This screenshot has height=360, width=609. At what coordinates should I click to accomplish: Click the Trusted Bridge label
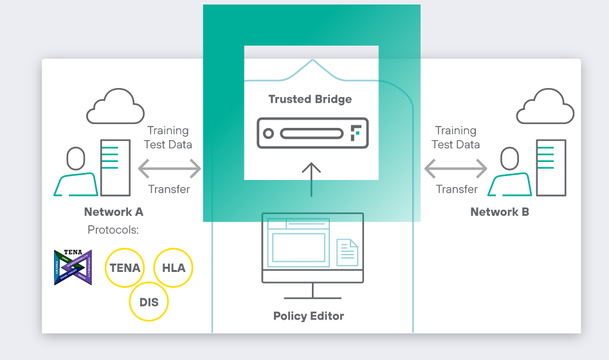pos(310,99)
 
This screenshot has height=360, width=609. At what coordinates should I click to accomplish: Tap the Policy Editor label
pos(309,316)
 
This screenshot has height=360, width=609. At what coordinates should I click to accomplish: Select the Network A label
pos(114,212)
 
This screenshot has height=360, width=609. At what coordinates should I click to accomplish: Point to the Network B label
pos(500,212)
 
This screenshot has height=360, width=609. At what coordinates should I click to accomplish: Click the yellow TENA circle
pos(125,267)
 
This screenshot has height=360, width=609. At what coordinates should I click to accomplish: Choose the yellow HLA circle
pos(174,267)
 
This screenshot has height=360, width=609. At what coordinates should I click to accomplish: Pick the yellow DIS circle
pos(149,301)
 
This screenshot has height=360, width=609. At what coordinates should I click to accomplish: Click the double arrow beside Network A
pos(170,169)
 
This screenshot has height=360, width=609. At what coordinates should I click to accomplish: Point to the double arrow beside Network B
pos(455,169)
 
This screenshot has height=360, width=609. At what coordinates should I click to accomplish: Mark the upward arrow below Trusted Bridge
pos(311,179)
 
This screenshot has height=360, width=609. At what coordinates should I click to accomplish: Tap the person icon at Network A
pos(76,172)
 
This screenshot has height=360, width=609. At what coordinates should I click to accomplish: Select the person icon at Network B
pos(509,172)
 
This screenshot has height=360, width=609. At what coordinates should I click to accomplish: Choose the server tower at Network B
pos(551,168)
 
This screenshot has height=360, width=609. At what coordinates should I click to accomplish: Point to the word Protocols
pos(113,230)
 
